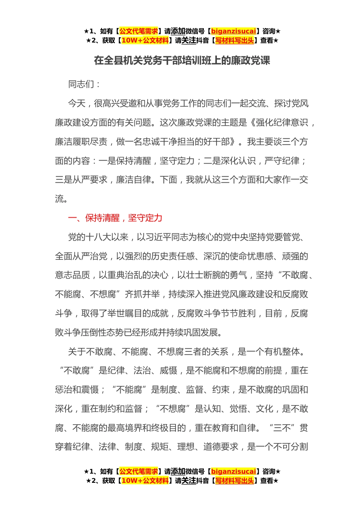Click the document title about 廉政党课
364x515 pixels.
(182, 61)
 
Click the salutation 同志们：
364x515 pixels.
(84, 84)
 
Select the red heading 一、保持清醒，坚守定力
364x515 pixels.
(115, 218)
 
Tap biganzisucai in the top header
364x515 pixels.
(233, 31)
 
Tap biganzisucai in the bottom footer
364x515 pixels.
(233, 471)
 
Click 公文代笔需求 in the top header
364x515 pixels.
(138, 31)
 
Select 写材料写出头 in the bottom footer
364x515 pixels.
(234, 481)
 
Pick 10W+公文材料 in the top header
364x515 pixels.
(145, 40)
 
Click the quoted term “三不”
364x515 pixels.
(283, 428)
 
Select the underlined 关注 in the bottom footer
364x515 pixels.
(189, 481)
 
